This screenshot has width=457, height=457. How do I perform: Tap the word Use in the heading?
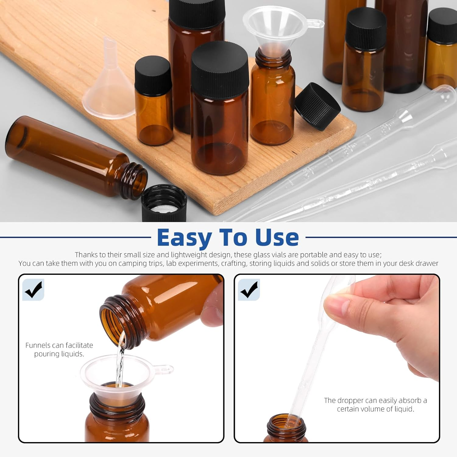[x=277, y=238]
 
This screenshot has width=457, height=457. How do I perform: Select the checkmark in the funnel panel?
[x=34, y=289]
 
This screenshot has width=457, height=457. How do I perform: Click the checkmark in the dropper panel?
[x=249, y=289]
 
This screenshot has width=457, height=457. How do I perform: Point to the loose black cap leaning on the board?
[x=317, y=106]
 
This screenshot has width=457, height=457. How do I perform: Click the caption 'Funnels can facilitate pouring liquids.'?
[x=59, y=349]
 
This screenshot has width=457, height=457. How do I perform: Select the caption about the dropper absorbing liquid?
[x=375, y=405]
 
